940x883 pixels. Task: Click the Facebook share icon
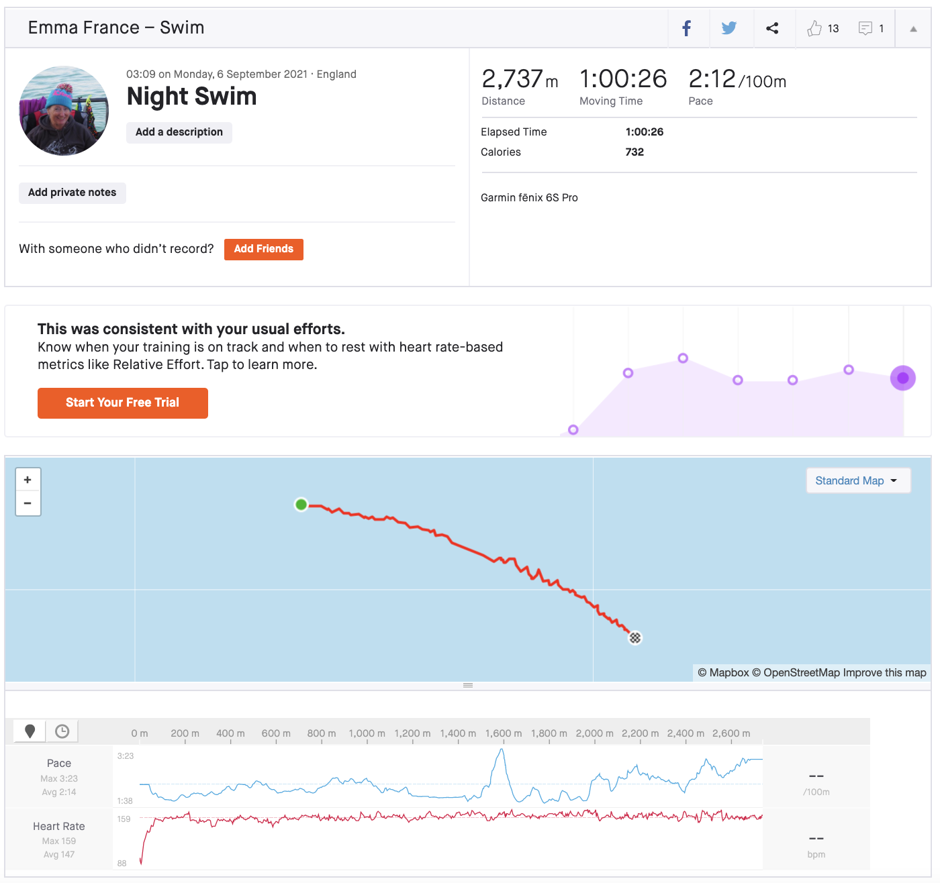tap(687, 28)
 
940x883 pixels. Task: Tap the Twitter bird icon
tap(729, 28)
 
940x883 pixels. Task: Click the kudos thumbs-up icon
tap(814, 28)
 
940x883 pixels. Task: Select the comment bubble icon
tap(865, 28)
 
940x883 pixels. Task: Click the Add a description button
tap(179, 132)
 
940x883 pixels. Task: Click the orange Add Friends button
tap(264, 249)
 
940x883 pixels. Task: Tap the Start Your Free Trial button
tap(123, 403)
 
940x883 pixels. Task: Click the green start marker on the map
tap(301, 505)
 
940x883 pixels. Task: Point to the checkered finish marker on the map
tap(635, 637)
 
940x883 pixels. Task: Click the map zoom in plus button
tap(28, 480)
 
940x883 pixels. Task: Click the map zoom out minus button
tap(28, 503)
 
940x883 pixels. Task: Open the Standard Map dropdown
tap(857, 480)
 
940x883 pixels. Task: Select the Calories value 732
tap(634, 152)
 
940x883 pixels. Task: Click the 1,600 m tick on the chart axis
tap(504, 734)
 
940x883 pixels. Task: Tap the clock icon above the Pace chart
tap(62, 731)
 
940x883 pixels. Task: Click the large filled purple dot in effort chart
tap(903, 378)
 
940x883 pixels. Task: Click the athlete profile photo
tap(64, 111)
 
